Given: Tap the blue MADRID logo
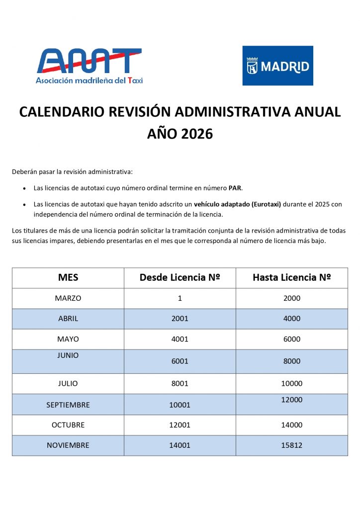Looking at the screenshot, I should pos(277,66).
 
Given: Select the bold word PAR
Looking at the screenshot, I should pos(235,188).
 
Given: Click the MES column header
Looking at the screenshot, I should pos(68,278).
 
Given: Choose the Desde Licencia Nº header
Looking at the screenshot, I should pos(180,278).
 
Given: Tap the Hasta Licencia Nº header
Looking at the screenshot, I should pos(291,278).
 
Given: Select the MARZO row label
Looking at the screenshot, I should pos(68,298).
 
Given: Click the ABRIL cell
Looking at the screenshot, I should pos(68,319).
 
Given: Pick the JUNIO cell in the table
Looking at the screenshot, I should pos(68,355).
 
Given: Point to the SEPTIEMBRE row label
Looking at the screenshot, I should pos(68,405).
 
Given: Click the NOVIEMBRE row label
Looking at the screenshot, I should pos(68,445).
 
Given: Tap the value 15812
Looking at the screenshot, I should pos(291,445).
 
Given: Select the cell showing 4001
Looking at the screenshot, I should pos(180,339).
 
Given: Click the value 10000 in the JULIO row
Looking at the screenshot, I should pos(291,383).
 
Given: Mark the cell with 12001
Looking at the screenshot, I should pos(180,425).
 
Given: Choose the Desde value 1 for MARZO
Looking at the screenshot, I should pos(180,298).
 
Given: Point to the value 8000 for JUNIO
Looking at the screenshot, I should pos(291,361).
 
